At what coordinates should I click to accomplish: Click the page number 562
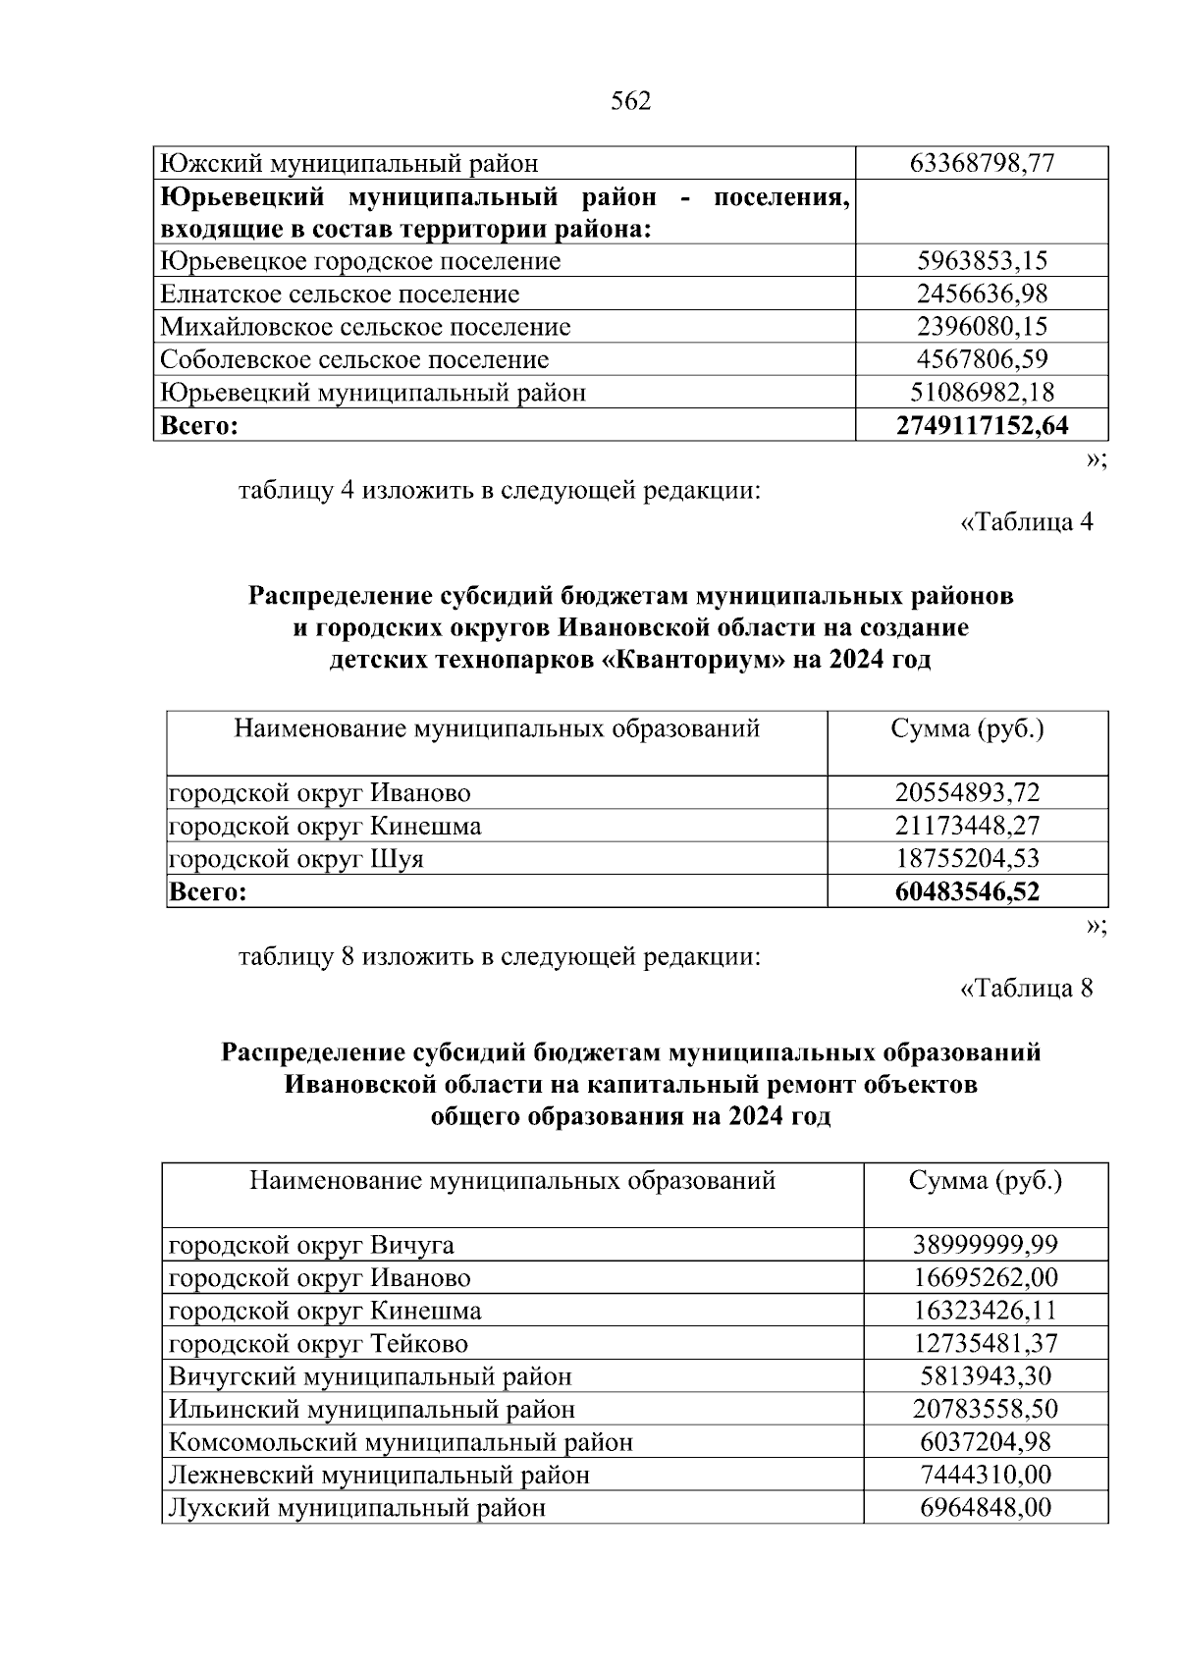point(630,101)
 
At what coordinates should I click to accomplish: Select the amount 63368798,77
point(983,163)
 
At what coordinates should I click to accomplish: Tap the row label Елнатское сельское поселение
point(340,294)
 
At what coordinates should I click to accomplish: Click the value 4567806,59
point(983,359)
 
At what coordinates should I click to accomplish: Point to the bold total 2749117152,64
point(983,426)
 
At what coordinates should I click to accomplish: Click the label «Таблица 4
point(1026,522)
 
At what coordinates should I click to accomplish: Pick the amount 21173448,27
point(967,826)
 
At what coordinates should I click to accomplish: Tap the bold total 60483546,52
point(967,891)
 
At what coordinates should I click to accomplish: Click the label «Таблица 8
point(1026,988)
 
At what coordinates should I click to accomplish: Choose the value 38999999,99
point(986,1245)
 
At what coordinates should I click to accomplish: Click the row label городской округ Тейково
point(318,1343)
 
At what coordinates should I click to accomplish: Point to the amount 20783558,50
point(986,1409)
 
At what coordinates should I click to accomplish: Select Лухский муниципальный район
point(357,1507)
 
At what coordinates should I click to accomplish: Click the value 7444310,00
point(986,1475)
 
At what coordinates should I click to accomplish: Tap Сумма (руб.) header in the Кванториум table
point(967,729)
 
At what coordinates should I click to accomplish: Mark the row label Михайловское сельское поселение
point(365,327)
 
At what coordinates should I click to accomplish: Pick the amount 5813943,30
point(986,1376)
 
